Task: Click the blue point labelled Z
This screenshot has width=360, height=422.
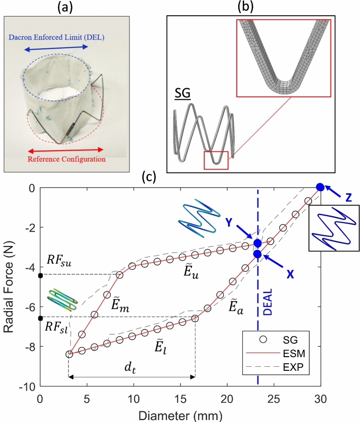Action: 320,187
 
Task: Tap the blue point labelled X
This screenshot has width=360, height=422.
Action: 258,254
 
